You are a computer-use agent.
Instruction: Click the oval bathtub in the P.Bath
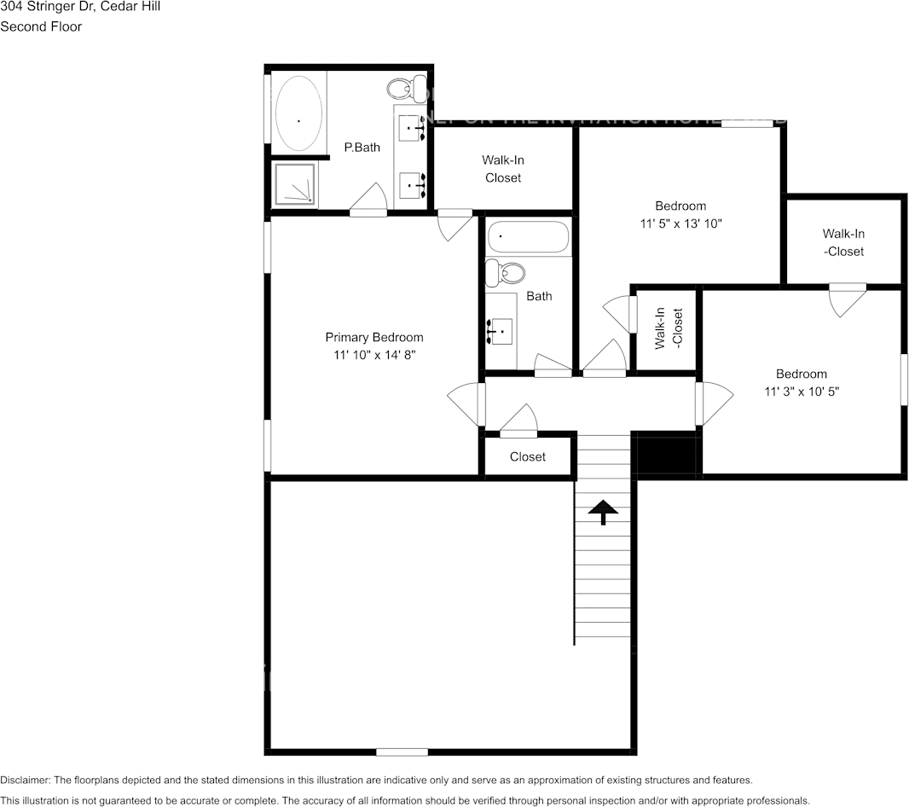pyautogui.click(x=298, y=112)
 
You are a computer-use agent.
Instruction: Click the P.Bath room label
pyautogui.click(x=362, y=148)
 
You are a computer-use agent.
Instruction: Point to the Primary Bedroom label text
pyautogui.click(x=373, y=337)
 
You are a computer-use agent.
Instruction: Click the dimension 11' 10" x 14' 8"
pyautogui.click(x=373, y=354)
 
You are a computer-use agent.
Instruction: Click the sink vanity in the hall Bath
pyautogui.click(x=501, y=329)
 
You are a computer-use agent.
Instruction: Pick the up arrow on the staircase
pyautogui.click(x=604, y=512)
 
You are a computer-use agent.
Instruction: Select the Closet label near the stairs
pyautogui.click(x=527, y=457)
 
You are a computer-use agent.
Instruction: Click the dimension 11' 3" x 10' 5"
pyautogui.click(x=801, y=392)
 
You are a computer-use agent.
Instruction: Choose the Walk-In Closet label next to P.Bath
pyautogui.click(x=502, y=169)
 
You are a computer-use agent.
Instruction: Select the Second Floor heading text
pyautogui.click(x=41, y=26)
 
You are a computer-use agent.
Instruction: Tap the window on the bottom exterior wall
pyautogui.click(x=402, y=752)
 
